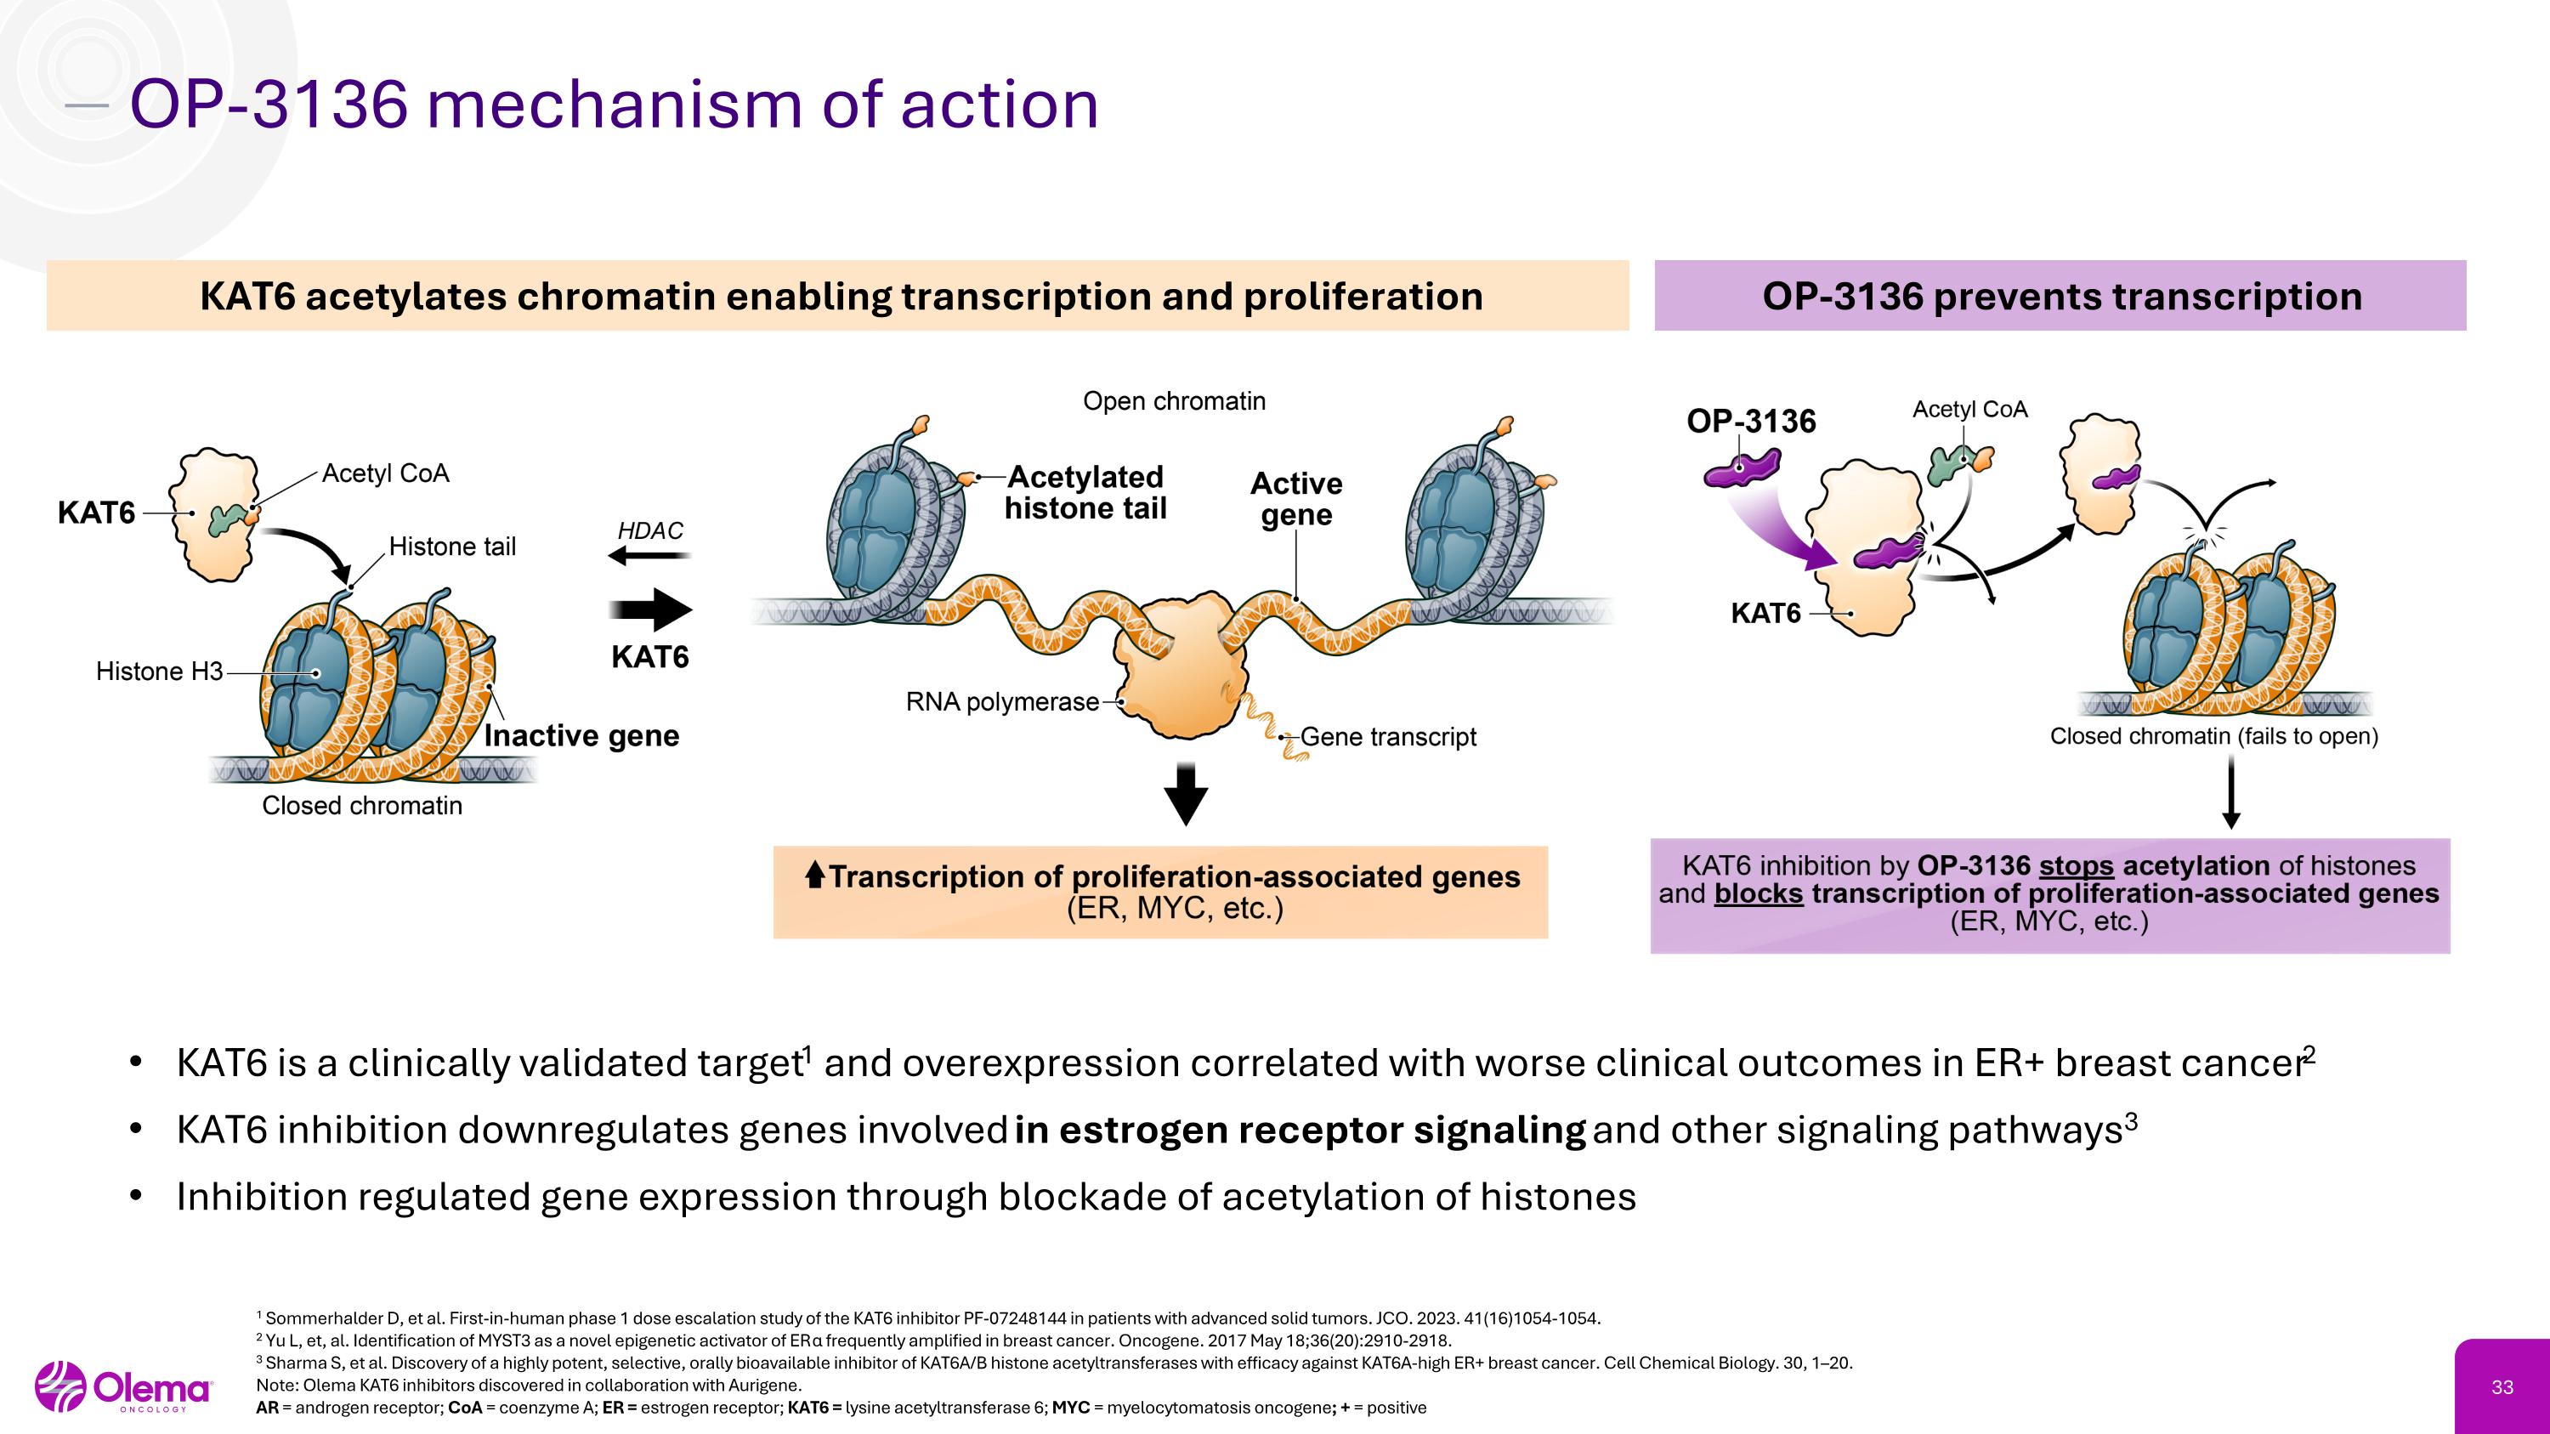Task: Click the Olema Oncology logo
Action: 124,1387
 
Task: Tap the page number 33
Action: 2502,1387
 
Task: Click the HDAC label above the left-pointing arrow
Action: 649,530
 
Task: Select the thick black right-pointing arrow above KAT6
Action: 650,609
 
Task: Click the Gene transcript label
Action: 1387,736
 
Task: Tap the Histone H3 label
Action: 158,671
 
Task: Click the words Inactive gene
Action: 581,735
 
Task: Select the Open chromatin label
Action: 1173,401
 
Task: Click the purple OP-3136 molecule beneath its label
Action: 1742,468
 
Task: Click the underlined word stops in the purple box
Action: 2075,866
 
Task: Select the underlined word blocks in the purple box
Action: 1758,893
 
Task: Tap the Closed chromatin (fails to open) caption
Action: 2213,736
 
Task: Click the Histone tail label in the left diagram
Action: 451,547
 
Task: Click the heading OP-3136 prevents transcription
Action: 2061,296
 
